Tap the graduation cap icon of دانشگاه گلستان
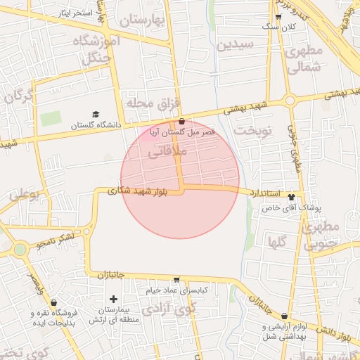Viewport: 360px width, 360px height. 96,115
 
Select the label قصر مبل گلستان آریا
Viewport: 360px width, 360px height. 183,132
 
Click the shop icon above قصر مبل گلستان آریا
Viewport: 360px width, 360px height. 182,122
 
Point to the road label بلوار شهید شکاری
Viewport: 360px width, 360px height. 138,190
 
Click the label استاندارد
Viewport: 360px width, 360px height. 266,193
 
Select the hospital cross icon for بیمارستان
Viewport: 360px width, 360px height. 113,300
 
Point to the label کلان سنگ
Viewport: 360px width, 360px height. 279,27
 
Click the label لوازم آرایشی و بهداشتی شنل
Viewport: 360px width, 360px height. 285,332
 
